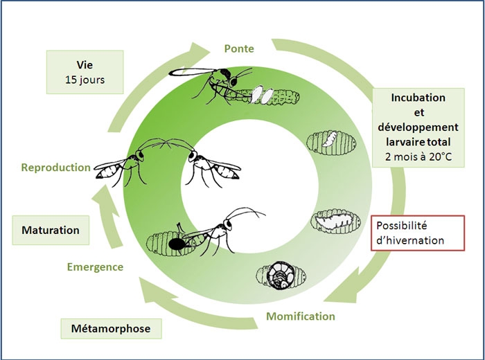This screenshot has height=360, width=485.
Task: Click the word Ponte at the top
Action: click(x=240, y=49)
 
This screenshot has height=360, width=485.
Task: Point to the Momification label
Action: click(x=299, y=316)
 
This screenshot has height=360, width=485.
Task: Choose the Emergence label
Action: click(x=95, y=267)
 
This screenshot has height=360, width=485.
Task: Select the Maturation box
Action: click(x=49, y=229)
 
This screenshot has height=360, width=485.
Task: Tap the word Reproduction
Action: click(x=55, y=167)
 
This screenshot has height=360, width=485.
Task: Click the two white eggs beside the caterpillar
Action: click(x=261, y=95)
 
